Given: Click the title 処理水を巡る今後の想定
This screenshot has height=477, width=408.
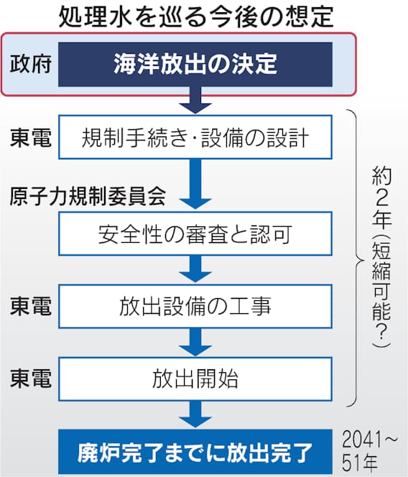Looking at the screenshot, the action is [x=196, y=16].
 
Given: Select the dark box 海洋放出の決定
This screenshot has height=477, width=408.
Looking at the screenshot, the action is [x=195, y=65].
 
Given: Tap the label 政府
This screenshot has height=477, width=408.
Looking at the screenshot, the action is [x=30, y=64].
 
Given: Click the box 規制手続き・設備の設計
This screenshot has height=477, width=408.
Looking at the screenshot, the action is [x=195, y=137].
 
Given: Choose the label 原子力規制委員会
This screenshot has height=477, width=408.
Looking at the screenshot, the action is [x=88, y=196].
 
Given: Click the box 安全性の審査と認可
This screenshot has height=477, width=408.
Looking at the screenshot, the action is [x=195, y=233].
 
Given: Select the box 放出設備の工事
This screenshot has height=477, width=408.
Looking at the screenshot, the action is [x=195, y=306].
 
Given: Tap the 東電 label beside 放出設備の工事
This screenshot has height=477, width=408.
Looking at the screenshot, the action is [x=30, y=306].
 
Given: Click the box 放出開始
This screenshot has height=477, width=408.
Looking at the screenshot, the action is [x=195, y=379].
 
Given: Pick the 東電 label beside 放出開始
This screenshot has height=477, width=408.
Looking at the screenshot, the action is [x=30, y=378].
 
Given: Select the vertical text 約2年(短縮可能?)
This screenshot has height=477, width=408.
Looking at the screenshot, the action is [x=381, y=258].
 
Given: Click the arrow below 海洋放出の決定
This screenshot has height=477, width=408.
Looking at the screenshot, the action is [x=195, y=100].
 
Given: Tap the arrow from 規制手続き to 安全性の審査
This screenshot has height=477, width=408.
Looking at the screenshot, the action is [x=195, y=185].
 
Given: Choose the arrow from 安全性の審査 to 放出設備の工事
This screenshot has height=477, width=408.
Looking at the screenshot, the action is [x=195, y=269].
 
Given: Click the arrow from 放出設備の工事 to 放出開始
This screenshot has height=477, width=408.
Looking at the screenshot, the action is [x=195, y=342].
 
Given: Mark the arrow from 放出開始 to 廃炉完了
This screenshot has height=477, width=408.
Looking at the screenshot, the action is [x=195, y=415].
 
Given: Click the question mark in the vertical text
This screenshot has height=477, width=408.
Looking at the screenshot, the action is [x=381, y=332].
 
